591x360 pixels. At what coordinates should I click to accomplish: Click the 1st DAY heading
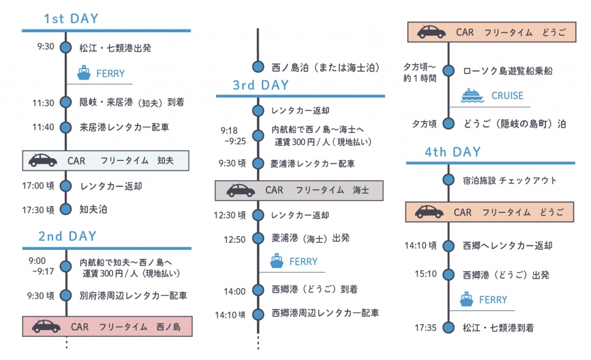click(x=71, y=18)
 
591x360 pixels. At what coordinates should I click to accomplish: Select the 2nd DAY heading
click(x=67, y=236)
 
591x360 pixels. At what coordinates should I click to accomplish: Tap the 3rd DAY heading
click(x=261, y=85)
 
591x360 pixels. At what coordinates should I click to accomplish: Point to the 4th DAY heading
click(x=452, y=152)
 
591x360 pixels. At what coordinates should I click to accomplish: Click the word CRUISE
click(x=507, y=96)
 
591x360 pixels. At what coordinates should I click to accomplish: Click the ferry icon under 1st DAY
click(x=85, y=73)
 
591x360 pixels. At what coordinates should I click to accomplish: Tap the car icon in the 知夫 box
click(x=43, y=160)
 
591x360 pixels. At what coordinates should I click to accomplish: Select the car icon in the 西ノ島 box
click(x=46, y=327)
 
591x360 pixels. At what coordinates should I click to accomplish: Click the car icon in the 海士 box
click(x=240, y=190)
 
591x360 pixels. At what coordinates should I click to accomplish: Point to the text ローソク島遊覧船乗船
click(x=508, y=71)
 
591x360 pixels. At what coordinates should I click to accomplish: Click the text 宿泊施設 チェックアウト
click(x=510, y=181)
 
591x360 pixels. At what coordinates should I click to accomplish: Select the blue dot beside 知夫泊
click(x=66, y=209)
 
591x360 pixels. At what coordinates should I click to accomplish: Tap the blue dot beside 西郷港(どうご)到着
click(x=258, y=290)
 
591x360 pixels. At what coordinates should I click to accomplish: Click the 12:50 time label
click(x=234, y=238)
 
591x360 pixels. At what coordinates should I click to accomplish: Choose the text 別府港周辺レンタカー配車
click(x=133, y=296)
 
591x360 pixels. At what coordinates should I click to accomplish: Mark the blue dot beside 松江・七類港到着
click(x=449, y=328)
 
